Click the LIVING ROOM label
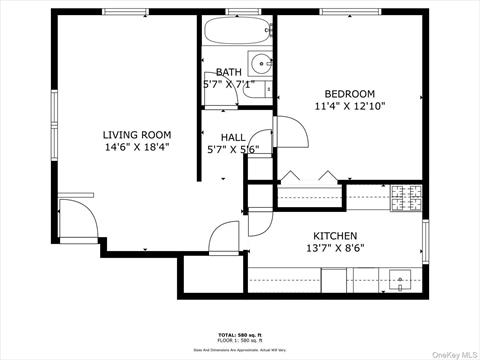137,134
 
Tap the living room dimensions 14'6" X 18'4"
137,148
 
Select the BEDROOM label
349,94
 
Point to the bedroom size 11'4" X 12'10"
349,106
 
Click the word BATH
228,72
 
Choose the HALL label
233,138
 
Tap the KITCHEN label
335,235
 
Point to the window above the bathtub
237,11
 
